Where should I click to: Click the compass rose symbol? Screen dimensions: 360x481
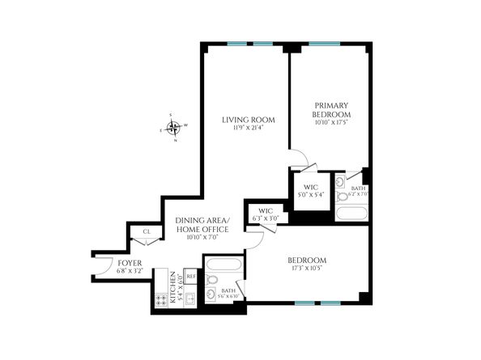tap(172, 127)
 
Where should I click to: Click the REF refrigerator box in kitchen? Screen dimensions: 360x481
tap(191, 277)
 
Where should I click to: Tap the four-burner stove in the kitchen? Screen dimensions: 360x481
tap(160, 299)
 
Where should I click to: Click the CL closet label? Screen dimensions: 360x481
tap(147, 232)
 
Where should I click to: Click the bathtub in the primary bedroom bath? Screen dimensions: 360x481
tap(350, 214)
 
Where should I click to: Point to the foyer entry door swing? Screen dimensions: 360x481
tap(103, 265)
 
